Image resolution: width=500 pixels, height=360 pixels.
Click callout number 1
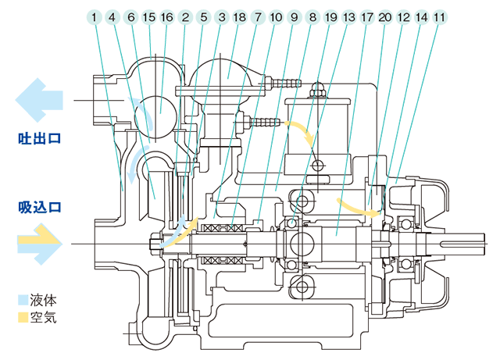tap(95, 16)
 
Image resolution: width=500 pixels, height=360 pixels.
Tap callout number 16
tap(166, 16)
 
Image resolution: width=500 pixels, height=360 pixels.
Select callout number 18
tap(239, 16)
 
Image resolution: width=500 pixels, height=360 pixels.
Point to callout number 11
tap(440, 16)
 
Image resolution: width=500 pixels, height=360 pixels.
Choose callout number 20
tap(385, 16)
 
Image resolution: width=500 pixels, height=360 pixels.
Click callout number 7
tap(258, 16)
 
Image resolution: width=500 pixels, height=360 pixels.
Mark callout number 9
tap(294, 16)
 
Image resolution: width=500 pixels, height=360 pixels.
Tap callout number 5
tap(203, 16)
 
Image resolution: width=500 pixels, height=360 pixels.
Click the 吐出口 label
tap(40, 138)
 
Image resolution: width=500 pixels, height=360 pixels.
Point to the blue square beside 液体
tap(23, 300)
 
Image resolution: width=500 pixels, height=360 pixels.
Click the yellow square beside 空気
tap(23, 318)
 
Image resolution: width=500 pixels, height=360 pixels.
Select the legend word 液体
tap(42, 300)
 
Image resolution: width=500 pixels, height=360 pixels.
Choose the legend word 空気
tap(42, 318)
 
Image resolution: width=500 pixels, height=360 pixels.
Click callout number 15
tap(148, 16)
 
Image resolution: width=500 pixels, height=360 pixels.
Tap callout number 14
tap(422, 16)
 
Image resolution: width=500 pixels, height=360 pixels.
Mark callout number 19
tap(330, 16)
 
